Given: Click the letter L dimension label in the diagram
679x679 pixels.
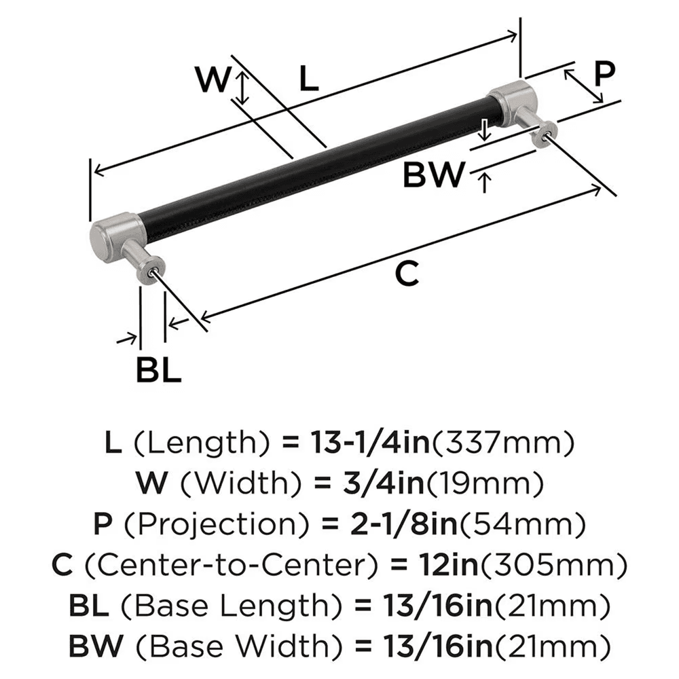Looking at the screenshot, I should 308,81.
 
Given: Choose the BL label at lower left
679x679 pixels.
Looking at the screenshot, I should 158,370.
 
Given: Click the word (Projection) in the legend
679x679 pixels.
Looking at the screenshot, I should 200,524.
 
